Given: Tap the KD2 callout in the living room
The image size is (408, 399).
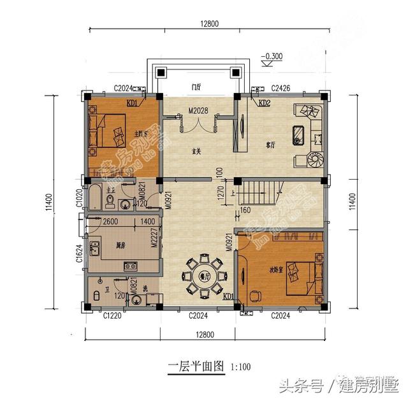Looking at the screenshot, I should (x=265, y=103).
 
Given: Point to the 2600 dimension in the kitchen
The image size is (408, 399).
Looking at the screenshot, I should (x=110, y=221).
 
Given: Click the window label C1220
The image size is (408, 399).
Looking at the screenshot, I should (x=112, y=315).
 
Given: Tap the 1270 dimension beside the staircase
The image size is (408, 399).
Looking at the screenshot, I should (x=220, y=192).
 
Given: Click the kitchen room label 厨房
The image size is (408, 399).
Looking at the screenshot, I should (x=120, y=245).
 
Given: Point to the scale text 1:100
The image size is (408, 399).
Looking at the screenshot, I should (x=240, y=366).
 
